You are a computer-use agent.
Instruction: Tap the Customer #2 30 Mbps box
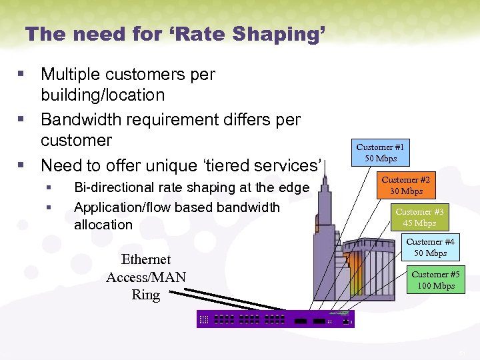[x=405, y=185]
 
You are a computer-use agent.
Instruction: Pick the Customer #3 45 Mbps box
[x=419, y=217]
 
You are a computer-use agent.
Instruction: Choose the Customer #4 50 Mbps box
[x=430, y=247]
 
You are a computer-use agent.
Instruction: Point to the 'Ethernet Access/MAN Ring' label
[x=146, y=277]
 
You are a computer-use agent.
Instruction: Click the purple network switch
[x=275, y=319]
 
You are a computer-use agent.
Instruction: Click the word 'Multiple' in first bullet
[x=69, y=74]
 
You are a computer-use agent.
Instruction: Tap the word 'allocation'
[x=103, y=225]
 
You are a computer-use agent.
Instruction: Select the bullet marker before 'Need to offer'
[x=24, y=165]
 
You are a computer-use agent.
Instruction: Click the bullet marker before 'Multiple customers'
[x=24, y=74]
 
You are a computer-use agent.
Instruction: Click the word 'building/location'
[x=103, y=95]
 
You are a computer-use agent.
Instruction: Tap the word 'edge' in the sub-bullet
[x=295, y=188]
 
